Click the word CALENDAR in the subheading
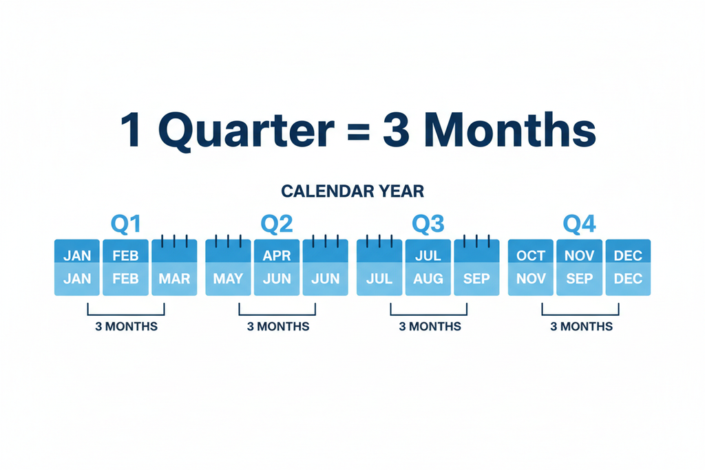(x=321, y=191)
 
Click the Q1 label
(x=126, y=224)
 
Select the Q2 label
(x=277, y=224)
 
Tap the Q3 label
(x=428, y=224)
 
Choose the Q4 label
(x=579, y=224)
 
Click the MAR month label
(x=174, y=279)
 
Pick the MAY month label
(x=228, y=279)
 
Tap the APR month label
(x=277, y=256)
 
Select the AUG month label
(x=428, y=279)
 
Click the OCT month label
(x=531, y=256)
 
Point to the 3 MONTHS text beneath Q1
(x=126, y=326)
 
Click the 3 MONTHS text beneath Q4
(x=581, y=326)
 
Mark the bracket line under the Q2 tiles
(x=277, y=314)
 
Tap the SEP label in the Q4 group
(x=579, y=279)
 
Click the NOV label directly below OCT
(x=531, y=279)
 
